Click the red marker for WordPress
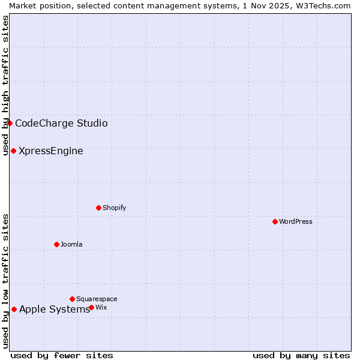(x=275, y=221)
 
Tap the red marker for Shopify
(x=98, y=208)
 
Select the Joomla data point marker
(x=56, y=244)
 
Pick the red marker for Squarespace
(x=72, y=299)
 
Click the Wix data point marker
(x=91, y=307)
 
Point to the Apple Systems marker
(x=14, y=309)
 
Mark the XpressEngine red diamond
(x=13, y=151)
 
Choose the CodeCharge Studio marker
(x=10, y=123)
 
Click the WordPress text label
(x=296, y=221)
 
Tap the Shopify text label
(x=114, y=208)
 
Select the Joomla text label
(x=71, y=244)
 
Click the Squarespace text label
(x=97, y=299)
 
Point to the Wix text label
(x=101, y=307)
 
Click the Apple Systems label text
(x=55, y=310)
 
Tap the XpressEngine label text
(x=51, y=151)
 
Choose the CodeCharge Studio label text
(x=61, y=124)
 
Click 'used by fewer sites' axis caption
(x=62, y=355)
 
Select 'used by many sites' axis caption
(x=301, y=355)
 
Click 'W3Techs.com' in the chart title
(x=326, y=5)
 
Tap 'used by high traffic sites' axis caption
(x=5, y=85)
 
